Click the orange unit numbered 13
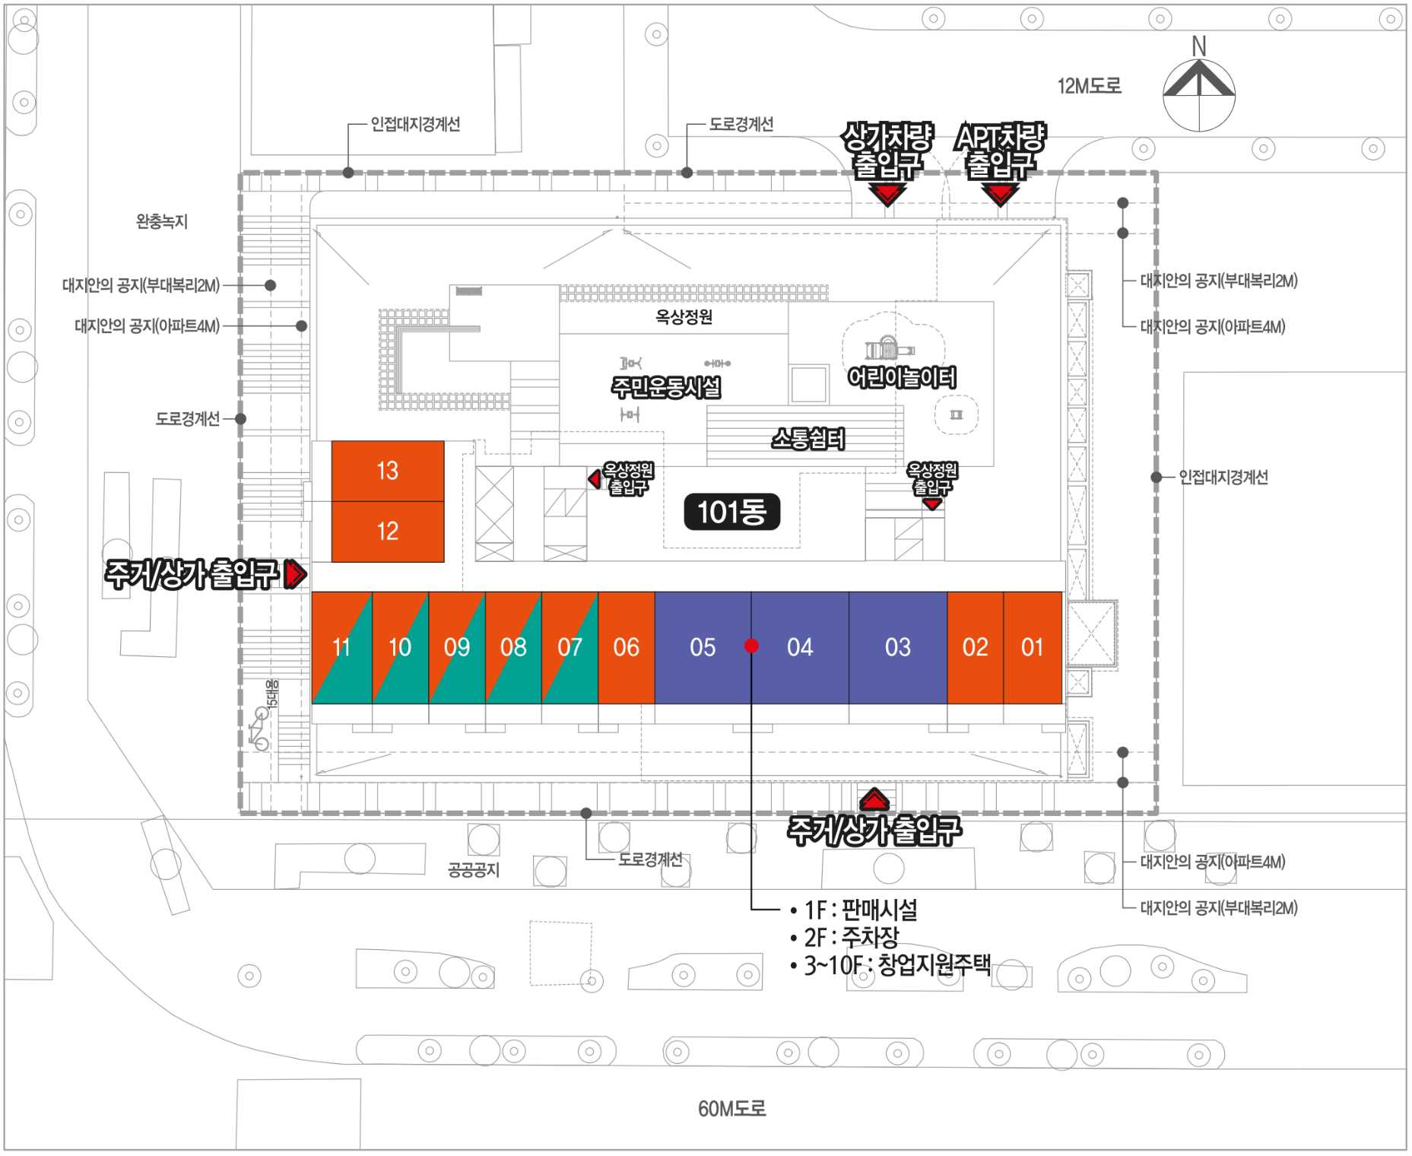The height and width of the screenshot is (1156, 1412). (x=388, y=471)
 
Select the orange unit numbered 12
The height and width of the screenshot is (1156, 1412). (x=388, y=531)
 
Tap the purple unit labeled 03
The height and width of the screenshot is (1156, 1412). (x=897, y=647)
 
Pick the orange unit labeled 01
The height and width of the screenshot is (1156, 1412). (x=1032, y=647)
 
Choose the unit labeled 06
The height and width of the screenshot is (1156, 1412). (x=626, y=647)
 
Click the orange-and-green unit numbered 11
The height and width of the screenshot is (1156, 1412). (x=341, y=647)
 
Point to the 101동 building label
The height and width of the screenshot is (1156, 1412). (x=731, y=512)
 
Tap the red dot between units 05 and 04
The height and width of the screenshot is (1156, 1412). (x=751, y=646)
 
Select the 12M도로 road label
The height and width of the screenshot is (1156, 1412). (x=1089, y=86)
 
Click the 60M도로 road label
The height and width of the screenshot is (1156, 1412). (x=731, y=1109)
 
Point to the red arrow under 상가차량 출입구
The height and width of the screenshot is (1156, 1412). (x=887, y=195)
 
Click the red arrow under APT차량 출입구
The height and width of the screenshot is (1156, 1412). (x=1000, y=195)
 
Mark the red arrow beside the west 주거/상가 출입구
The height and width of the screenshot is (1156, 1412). (x=295, y=574)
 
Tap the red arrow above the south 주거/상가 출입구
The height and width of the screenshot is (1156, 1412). (x=874, y=800)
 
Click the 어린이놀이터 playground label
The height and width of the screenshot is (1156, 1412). (x=902, y=377)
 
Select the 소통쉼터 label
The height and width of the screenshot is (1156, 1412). (x=808, y=439)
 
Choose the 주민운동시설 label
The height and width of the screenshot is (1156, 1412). (x=666, y=387)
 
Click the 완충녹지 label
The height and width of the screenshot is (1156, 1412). (x=161, y=221)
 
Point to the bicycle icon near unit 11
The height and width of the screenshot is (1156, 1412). (x=259, y=729)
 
